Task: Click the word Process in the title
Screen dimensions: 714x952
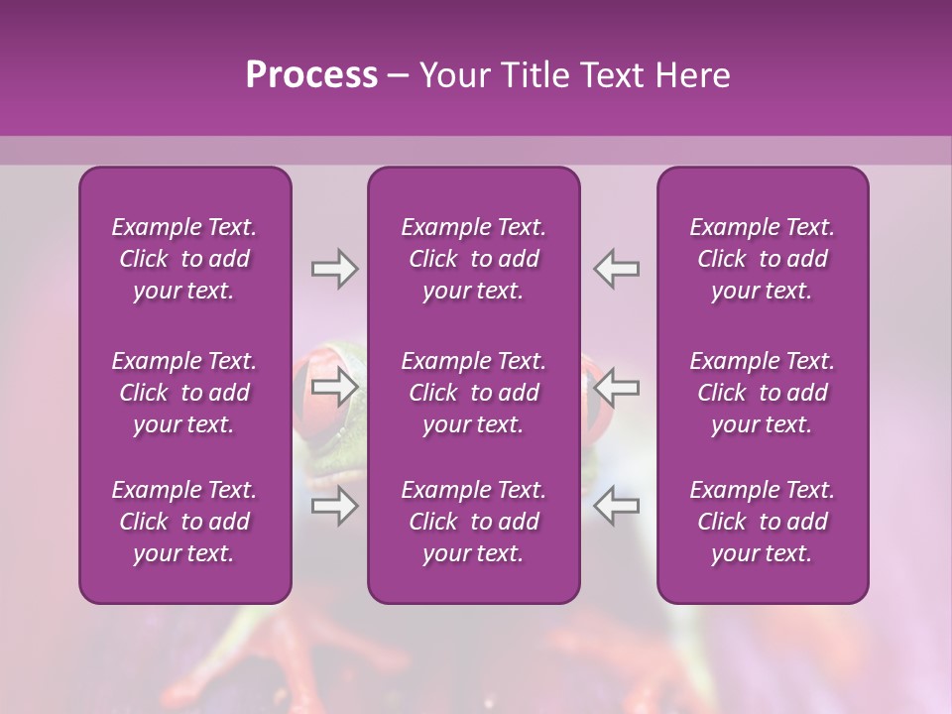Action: (x=311, y=75)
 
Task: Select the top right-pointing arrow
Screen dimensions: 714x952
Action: (x=334, y=269)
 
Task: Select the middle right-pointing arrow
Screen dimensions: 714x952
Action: (x=334, y=386)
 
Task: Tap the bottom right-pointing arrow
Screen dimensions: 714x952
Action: (x=334, y=507)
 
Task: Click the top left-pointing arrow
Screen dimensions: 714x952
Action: (x=617, y=269)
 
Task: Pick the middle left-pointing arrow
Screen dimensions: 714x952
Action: (x=617, y=386)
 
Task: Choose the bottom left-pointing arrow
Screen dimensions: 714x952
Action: (x=617, y=507)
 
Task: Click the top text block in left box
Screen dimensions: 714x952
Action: (x=184, y=259)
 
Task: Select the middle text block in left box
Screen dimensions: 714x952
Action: (x=184, y=393)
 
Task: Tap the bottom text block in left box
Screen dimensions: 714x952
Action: (x=184, y=522)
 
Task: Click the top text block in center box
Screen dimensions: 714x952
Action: (x=473, y=259)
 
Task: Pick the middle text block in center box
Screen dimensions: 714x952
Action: (x=473, y=393)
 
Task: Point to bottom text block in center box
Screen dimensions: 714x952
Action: (x=473, y=522)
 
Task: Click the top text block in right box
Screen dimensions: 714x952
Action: (x=762, y=259)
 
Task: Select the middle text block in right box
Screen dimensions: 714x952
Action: (x=762, y=393)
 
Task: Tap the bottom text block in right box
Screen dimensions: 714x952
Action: (x=762, y=522)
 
